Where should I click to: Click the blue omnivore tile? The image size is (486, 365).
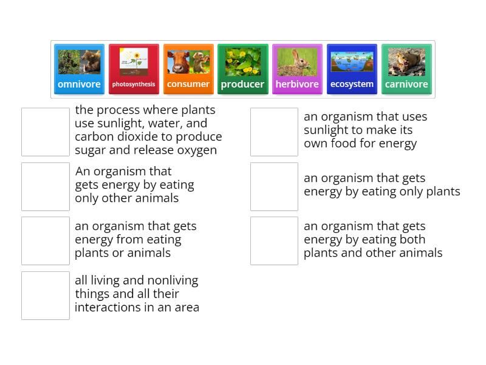79,69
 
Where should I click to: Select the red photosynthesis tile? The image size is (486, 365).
134,69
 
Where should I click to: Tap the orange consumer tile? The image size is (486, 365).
188,69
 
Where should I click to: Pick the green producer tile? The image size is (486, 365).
242,69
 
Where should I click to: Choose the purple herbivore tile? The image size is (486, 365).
297,69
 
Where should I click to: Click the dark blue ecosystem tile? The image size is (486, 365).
352,69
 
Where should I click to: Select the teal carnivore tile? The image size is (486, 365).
406,69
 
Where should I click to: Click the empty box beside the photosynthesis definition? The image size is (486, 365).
46,132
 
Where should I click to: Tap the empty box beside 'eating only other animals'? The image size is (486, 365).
46,187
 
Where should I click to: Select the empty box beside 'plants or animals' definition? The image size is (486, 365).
46,241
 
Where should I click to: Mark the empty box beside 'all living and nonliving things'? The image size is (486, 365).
46,296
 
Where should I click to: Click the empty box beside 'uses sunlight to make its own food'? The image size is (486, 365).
274,132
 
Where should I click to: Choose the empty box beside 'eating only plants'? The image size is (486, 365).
274,187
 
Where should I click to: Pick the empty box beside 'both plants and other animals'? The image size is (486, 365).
274,241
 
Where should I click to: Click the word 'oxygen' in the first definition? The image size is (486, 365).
196,151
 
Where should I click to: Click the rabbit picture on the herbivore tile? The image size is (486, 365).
297,61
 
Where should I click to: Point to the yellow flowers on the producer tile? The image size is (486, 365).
242,61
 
